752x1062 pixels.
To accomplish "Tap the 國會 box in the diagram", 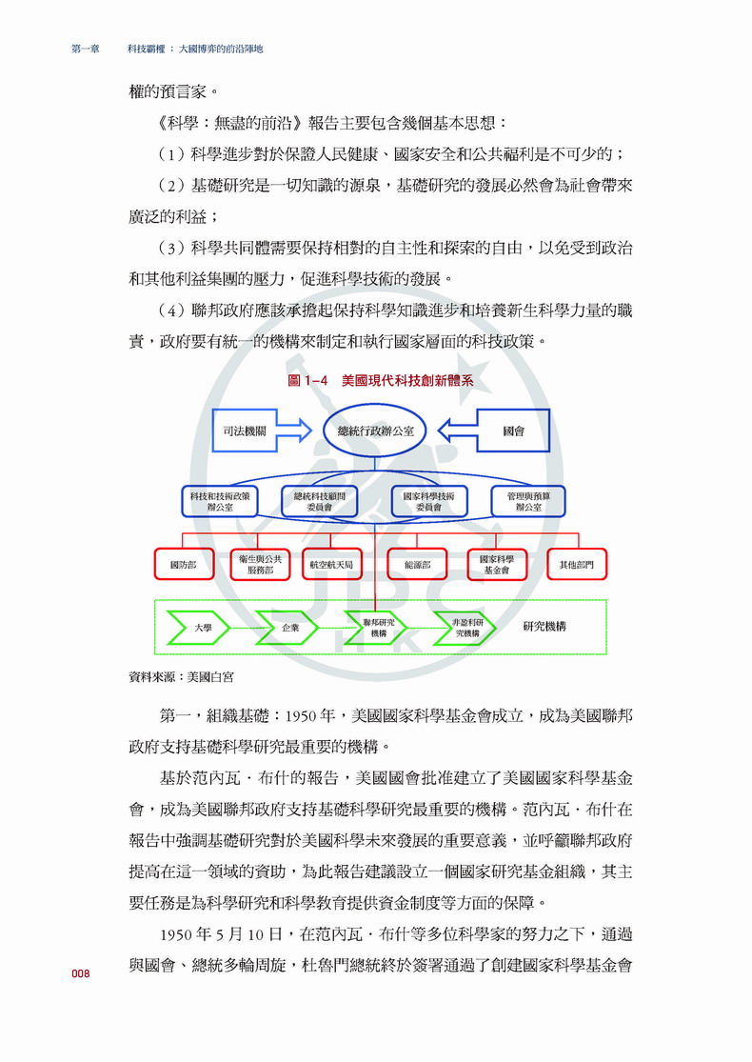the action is (514, 431).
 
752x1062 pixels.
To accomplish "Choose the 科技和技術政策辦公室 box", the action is (219, 501).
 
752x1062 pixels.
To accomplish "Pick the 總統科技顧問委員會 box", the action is (320, 501).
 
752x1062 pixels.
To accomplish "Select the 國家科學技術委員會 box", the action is (428, 501).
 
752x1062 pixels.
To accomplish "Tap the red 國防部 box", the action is (183, 565).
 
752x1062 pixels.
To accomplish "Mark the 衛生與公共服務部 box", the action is (260, 565).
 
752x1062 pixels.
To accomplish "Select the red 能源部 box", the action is (417, 565).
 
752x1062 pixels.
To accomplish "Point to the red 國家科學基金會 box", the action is (496, 565).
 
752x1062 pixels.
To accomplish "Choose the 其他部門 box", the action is (577, 565).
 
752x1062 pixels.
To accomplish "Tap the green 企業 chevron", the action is (290, 628).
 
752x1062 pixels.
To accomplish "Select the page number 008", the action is (80, 973).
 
